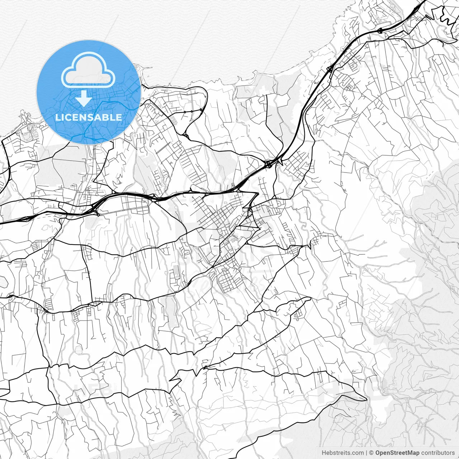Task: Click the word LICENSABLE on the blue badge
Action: click(x=88, y=117)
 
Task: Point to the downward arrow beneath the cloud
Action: click(x=84, y=98)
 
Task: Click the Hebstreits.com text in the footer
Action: click(x=343, y=453)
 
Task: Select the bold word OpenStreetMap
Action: click(x=397, y=453)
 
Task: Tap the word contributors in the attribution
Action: click(x=437, y=453)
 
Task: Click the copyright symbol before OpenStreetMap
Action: click(x=372, y=453)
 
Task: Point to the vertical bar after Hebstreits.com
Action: click(x=366, y=453)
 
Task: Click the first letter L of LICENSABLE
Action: click(x=57, y=117)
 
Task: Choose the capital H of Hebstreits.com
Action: click(x=324, y=453)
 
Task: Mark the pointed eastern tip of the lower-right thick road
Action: click(x=366, y=399)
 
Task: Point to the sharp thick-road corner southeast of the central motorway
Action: click(x=257, y=194)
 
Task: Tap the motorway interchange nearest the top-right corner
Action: click(x=380, y=30)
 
